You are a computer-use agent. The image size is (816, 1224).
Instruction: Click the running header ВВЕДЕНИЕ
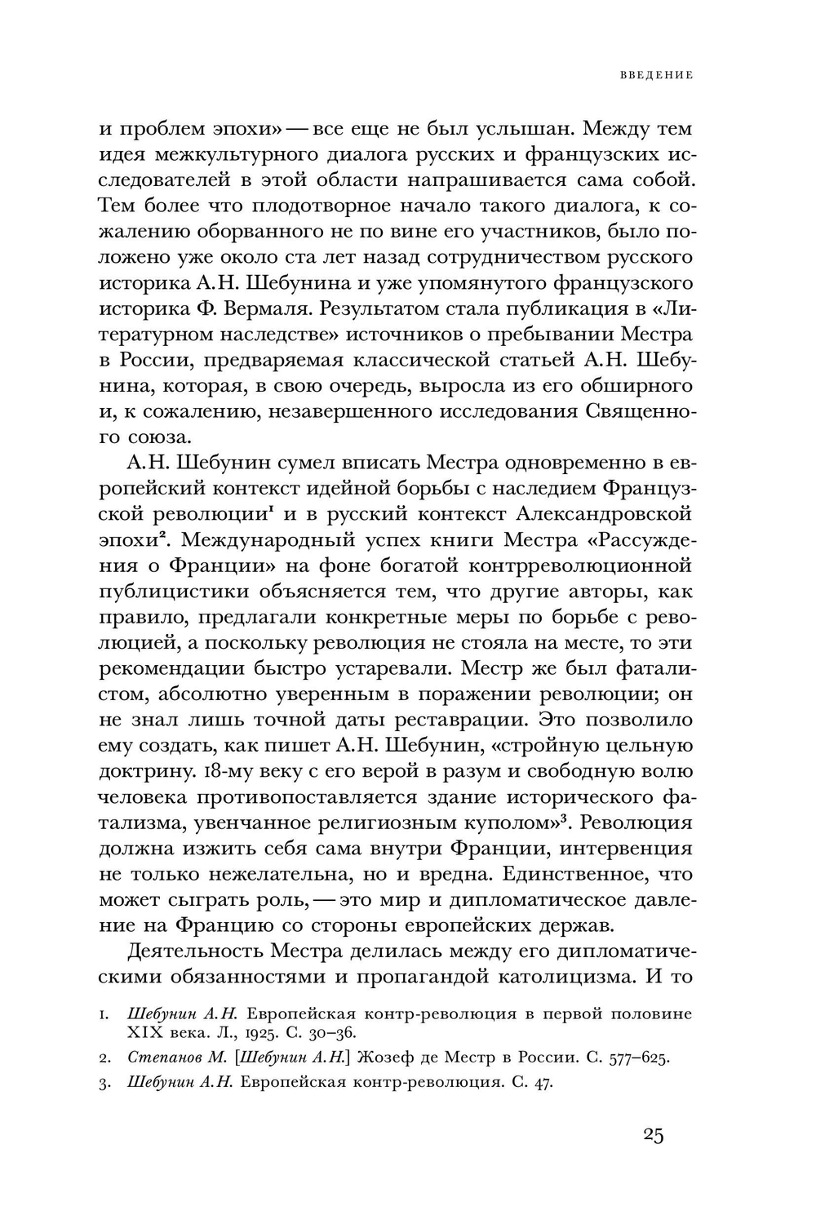point(655,75)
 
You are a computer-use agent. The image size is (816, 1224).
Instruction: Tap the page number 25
point(653,1136)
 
